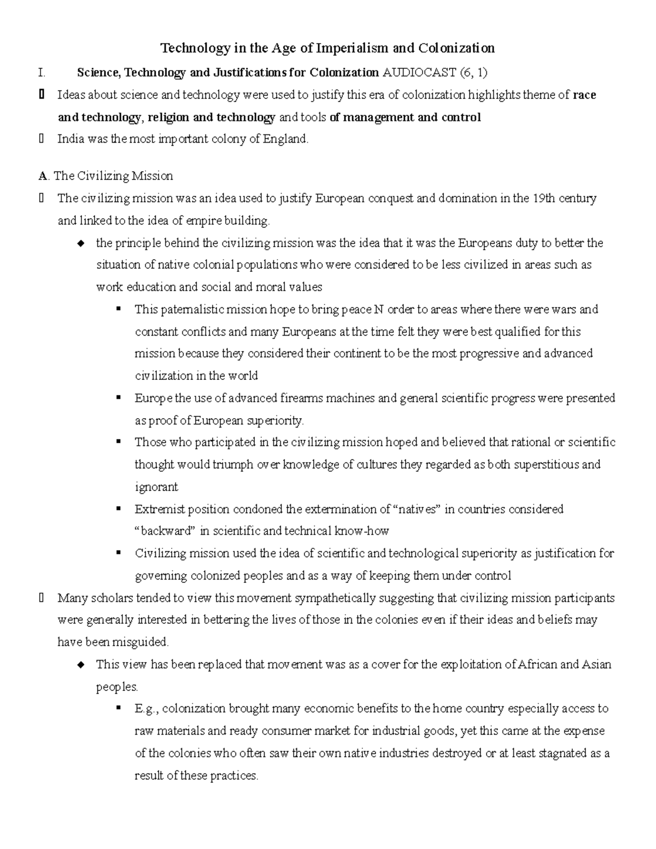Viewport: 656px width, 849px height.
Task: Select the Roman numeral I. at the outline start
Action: (42, 72)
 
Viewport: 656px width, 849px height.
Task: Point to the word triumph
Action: (231, 465)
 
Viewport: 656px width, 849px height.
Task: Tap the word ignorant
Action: (156, 487)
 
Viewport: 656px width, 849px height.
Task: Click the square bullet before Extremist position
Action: (118, 508)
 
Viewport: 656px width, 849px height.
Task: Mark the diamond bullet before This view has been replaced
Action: (81, 665)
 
